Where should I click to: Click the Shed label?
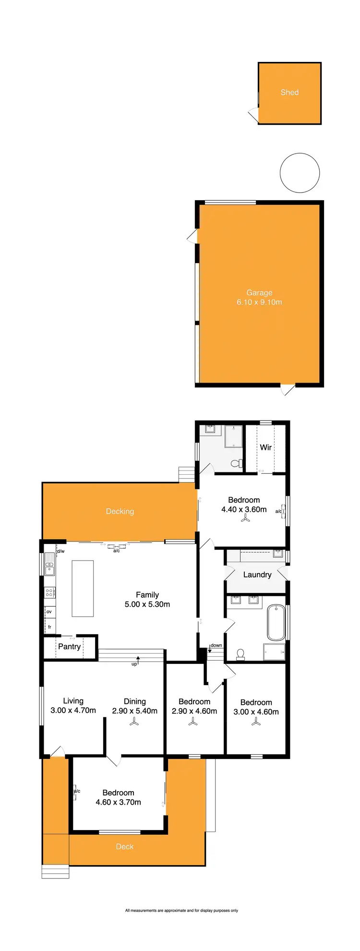[289, 92]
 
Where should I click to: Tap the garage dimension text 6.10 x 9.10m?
[259, 302]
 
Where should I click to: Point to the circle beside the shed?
[300, 173]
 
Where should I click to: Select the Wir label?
[266, 447]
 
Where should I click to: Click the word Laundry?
[257, 575]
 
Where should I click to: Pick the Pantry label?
[70, 647]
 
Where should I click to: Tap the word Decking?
[120, 511]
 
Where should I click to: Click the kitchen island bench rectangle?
[83, 589]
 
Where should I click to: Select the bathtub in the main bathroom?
[276, 623]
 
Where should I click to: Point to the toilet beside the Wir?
[236, 464]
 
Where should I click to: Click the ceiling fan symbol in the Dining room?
[134, 722]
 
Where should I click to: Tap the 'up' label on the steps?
[134, 664]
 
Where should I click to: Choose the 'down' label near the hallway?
[216, 645]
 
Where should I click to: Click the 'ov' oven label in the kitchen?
[49, 612]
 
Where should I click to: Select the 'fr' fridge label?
[49, 627]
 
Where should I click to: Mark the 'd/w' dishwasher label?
[60, 551]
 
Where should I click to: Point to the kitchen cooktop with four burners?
[49, 592]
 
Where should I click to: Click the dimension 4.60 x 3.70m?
[118, 802]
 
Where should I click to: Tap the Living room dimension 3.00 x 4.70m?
[73, 710]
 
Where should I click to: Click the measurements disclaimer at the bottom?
[181, 910]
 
